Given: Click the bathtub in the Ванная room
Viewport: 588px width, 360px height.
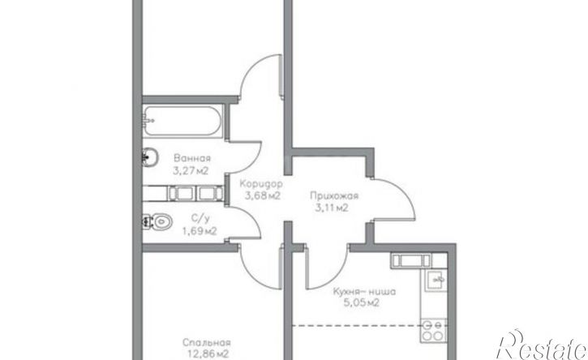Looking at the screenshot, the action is tap(183, 121).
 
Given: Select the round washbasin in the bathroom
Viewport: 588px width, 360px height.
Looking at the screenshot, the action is tap(150, 156).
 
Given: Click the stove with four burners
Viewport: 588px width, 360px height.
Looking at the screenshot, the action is tap(434, 330).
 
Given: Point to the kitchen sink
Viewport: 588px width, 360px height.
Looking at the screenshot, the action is tap(436, 280).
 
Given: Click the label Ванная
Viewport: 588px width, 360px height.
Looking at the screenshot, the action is tap(192, 158).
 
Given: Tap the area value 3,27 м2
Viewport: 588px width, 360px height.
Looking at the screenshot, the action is tap(191, 171).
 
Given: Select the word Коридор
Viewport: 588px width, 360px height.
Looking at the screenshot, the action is tap(261, 184).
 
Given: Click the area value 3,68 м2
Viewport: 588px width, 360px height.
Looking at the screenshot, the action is tap(263, 195).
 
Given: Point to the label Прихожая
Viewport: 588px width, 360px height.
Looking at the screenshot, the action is tap(334, 195).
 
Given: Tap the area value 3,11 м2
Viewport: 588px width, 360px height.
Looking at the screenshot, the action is tap(331, 208).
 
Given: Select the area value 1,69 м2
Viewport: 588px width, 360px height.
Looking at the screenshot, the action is tap(200, 231).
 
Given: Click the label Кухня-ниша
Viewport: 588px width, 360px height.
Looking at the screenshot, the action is tap(364, 291).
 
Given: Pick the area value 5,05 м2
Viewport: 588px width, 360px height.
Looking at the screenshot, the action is tap(362, 302).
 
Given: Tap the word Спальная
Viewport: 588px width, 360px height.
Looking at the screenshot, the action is tap(207, 342).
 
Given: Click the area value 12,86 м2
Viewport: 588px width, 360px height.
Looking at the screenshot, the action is tap(208, 354).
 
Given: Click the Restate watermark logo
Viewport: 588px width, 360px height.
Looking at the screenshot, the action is tap(543, 345).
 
